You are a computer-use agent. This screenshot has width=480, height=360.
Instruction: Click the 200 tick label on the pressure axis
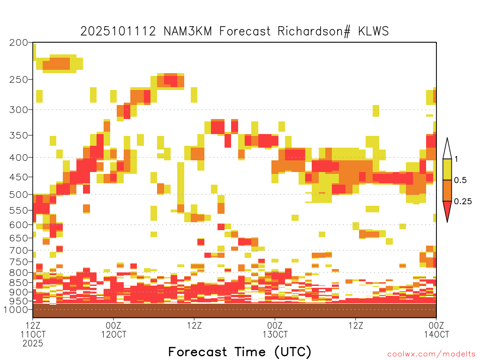coord(18,43)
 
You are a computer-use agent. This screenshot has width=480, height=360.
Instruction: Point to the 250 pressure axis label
coord(18,80)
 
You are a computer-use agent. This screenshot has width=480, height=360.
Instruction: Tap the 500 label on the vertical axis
coord(18,195)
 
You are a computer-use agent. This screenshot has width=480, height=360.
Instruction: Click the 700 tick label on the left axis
coord(18,250)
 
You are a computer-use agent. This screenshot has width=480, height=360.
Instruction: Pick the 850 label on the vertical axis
coord(18,283)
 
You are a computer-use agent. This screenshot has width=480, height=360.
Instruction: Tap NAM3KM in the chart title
coord(187,31)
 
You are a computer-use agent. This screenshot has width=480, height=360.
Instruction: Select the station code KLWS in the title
coord(374,31)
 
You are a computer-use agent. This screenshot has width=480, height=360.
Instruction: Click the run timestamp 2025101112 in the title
coord(118,31)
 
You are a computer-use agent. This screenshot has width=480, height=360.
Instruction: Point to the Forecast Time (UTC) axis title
coord(240,352)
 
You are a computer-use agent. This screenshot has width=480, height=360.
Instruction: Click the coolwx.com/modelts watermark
coord(431,354)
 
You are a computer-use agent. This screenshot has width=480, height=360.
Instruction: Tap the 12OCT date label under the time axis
coord(113,335)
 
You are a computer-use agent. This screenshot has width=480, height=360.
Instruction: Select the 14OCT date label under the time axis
coord(436,335)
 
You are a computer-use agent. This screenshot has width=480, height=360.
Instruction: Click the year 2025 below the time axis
coord(33,344)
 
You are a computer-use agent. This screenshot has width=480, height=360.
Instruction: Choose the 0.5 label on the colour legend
coord(460,180)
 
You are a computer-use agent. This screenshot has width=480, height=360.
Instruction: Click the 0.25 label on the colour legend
coord(463,202)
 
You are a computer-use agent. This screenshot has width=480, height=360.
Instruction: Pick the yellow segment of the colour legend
coord(447,169)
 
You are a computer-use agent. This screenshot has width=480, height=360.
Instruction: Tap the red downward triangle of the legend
coord(447,209)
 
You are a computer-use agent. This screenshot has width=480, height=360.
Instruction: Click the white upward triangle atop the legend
coord(447,150)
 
